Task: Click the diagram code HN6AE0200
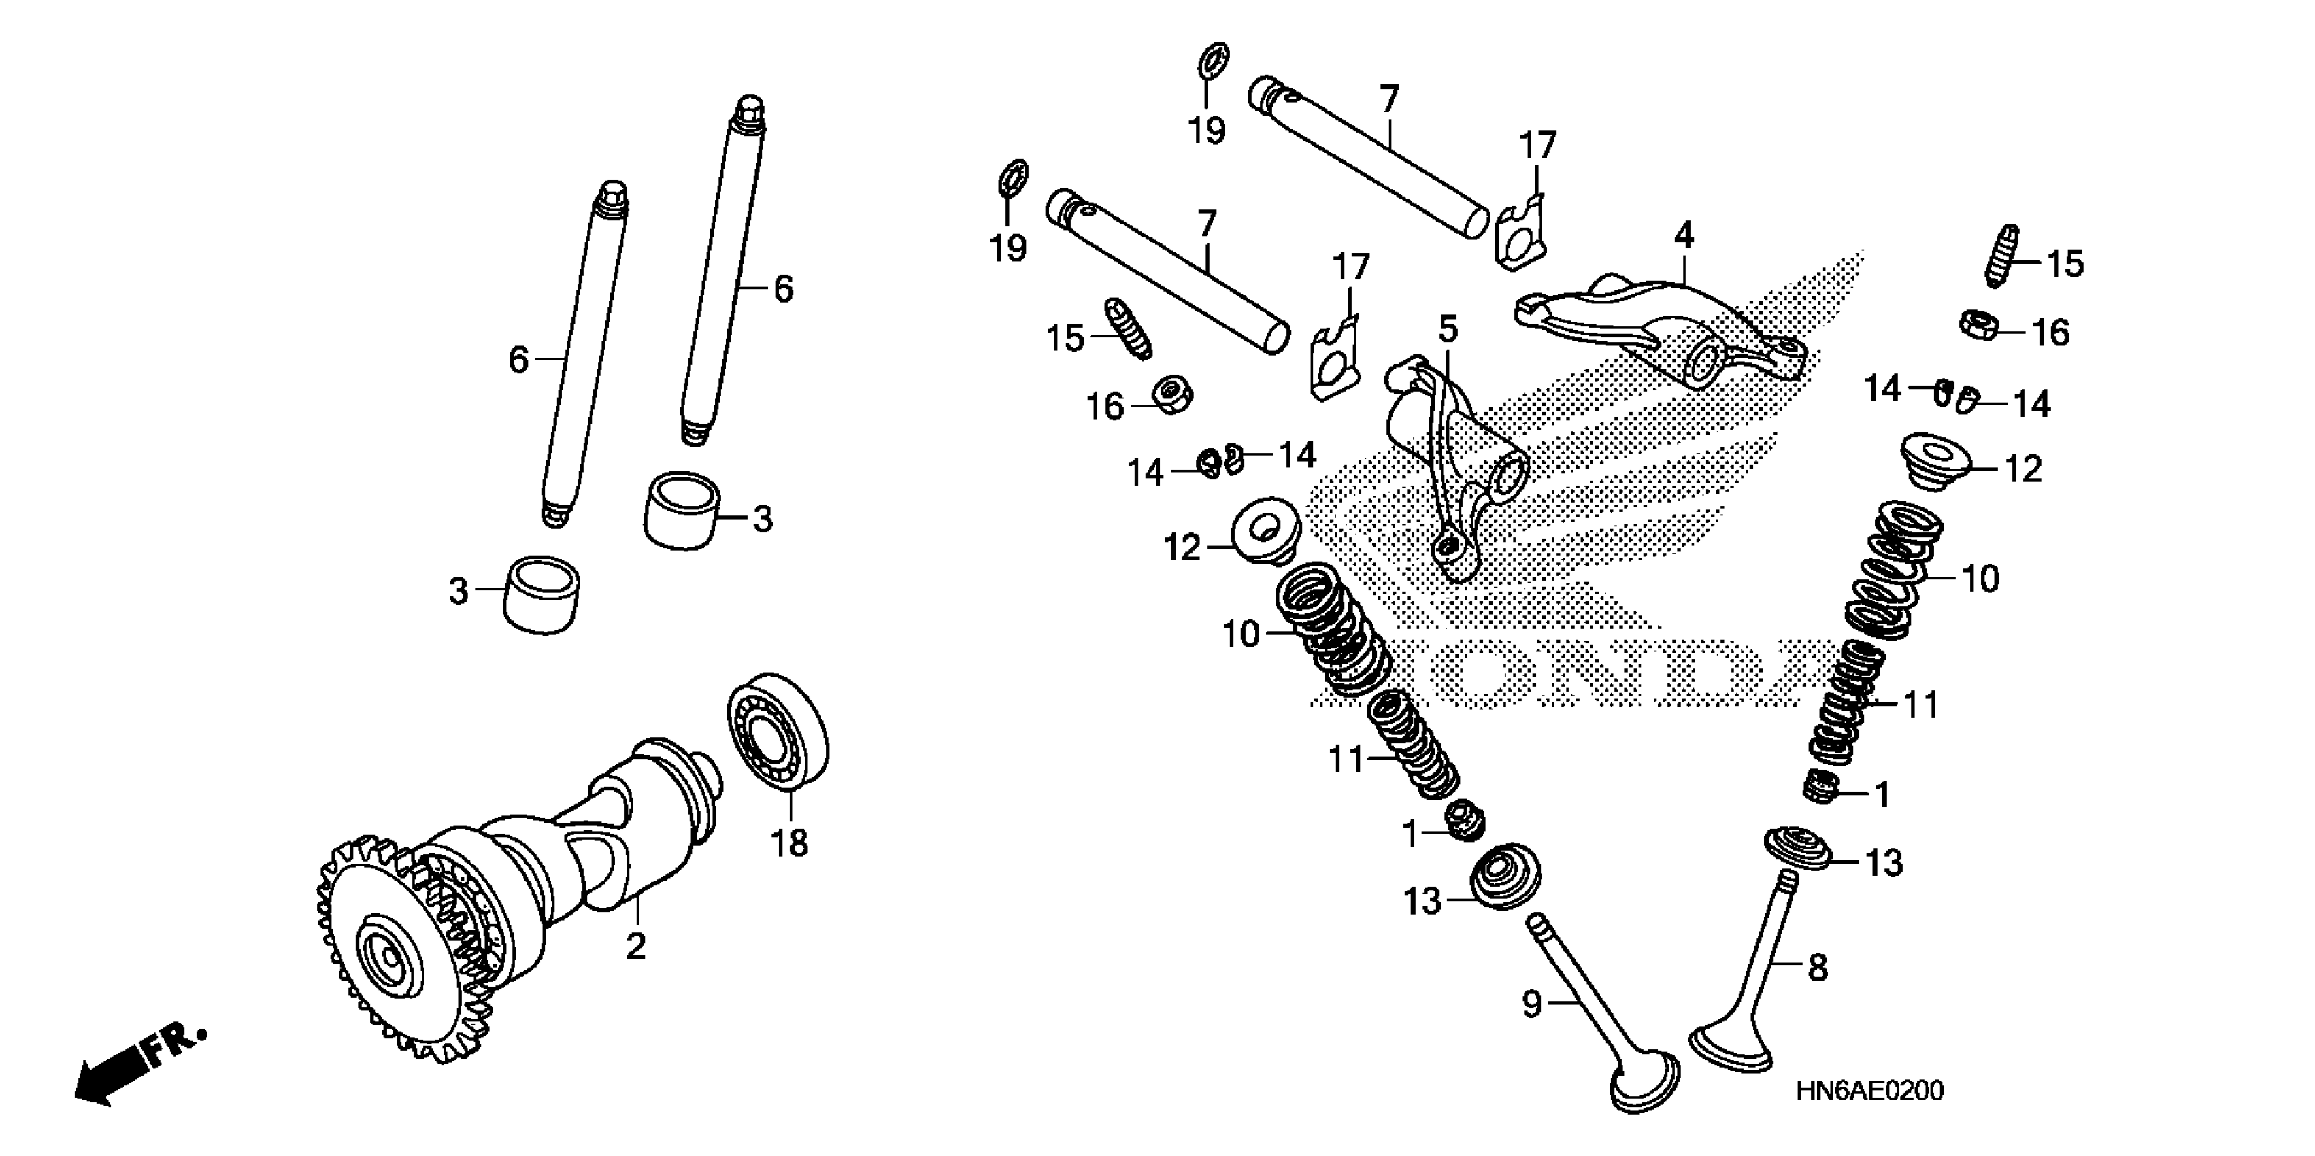pos(1870,1091)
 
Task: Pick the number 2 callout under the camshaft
pos(635,946)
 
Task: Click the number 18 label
pos(790,843)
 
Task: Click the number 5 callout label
pos(1448,330)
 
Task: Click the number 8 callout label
pos(1817,968)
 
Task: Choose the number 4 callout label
pos(1683,236)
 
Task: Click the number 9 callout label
pos(1531,1003)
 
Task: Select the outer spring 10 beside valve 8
pos(1892,575)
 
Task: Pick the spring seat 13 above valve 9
pos(1506,876)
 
